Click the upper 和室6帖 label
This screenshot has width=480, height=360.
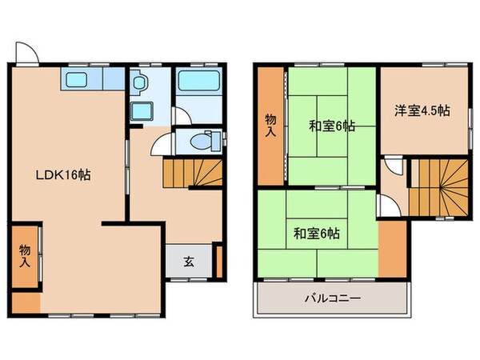pyautogui.click(x=331, y=126)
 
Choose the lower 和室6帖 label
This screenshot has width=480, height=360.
pyautogui.click(x=316, y=234)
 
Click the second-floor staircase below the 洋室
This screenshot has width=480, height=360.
pyautogui.click(x=438, y=186)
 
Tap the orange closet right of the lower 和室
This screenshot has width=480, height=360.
pyautogui.click(x=391, y=248)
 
